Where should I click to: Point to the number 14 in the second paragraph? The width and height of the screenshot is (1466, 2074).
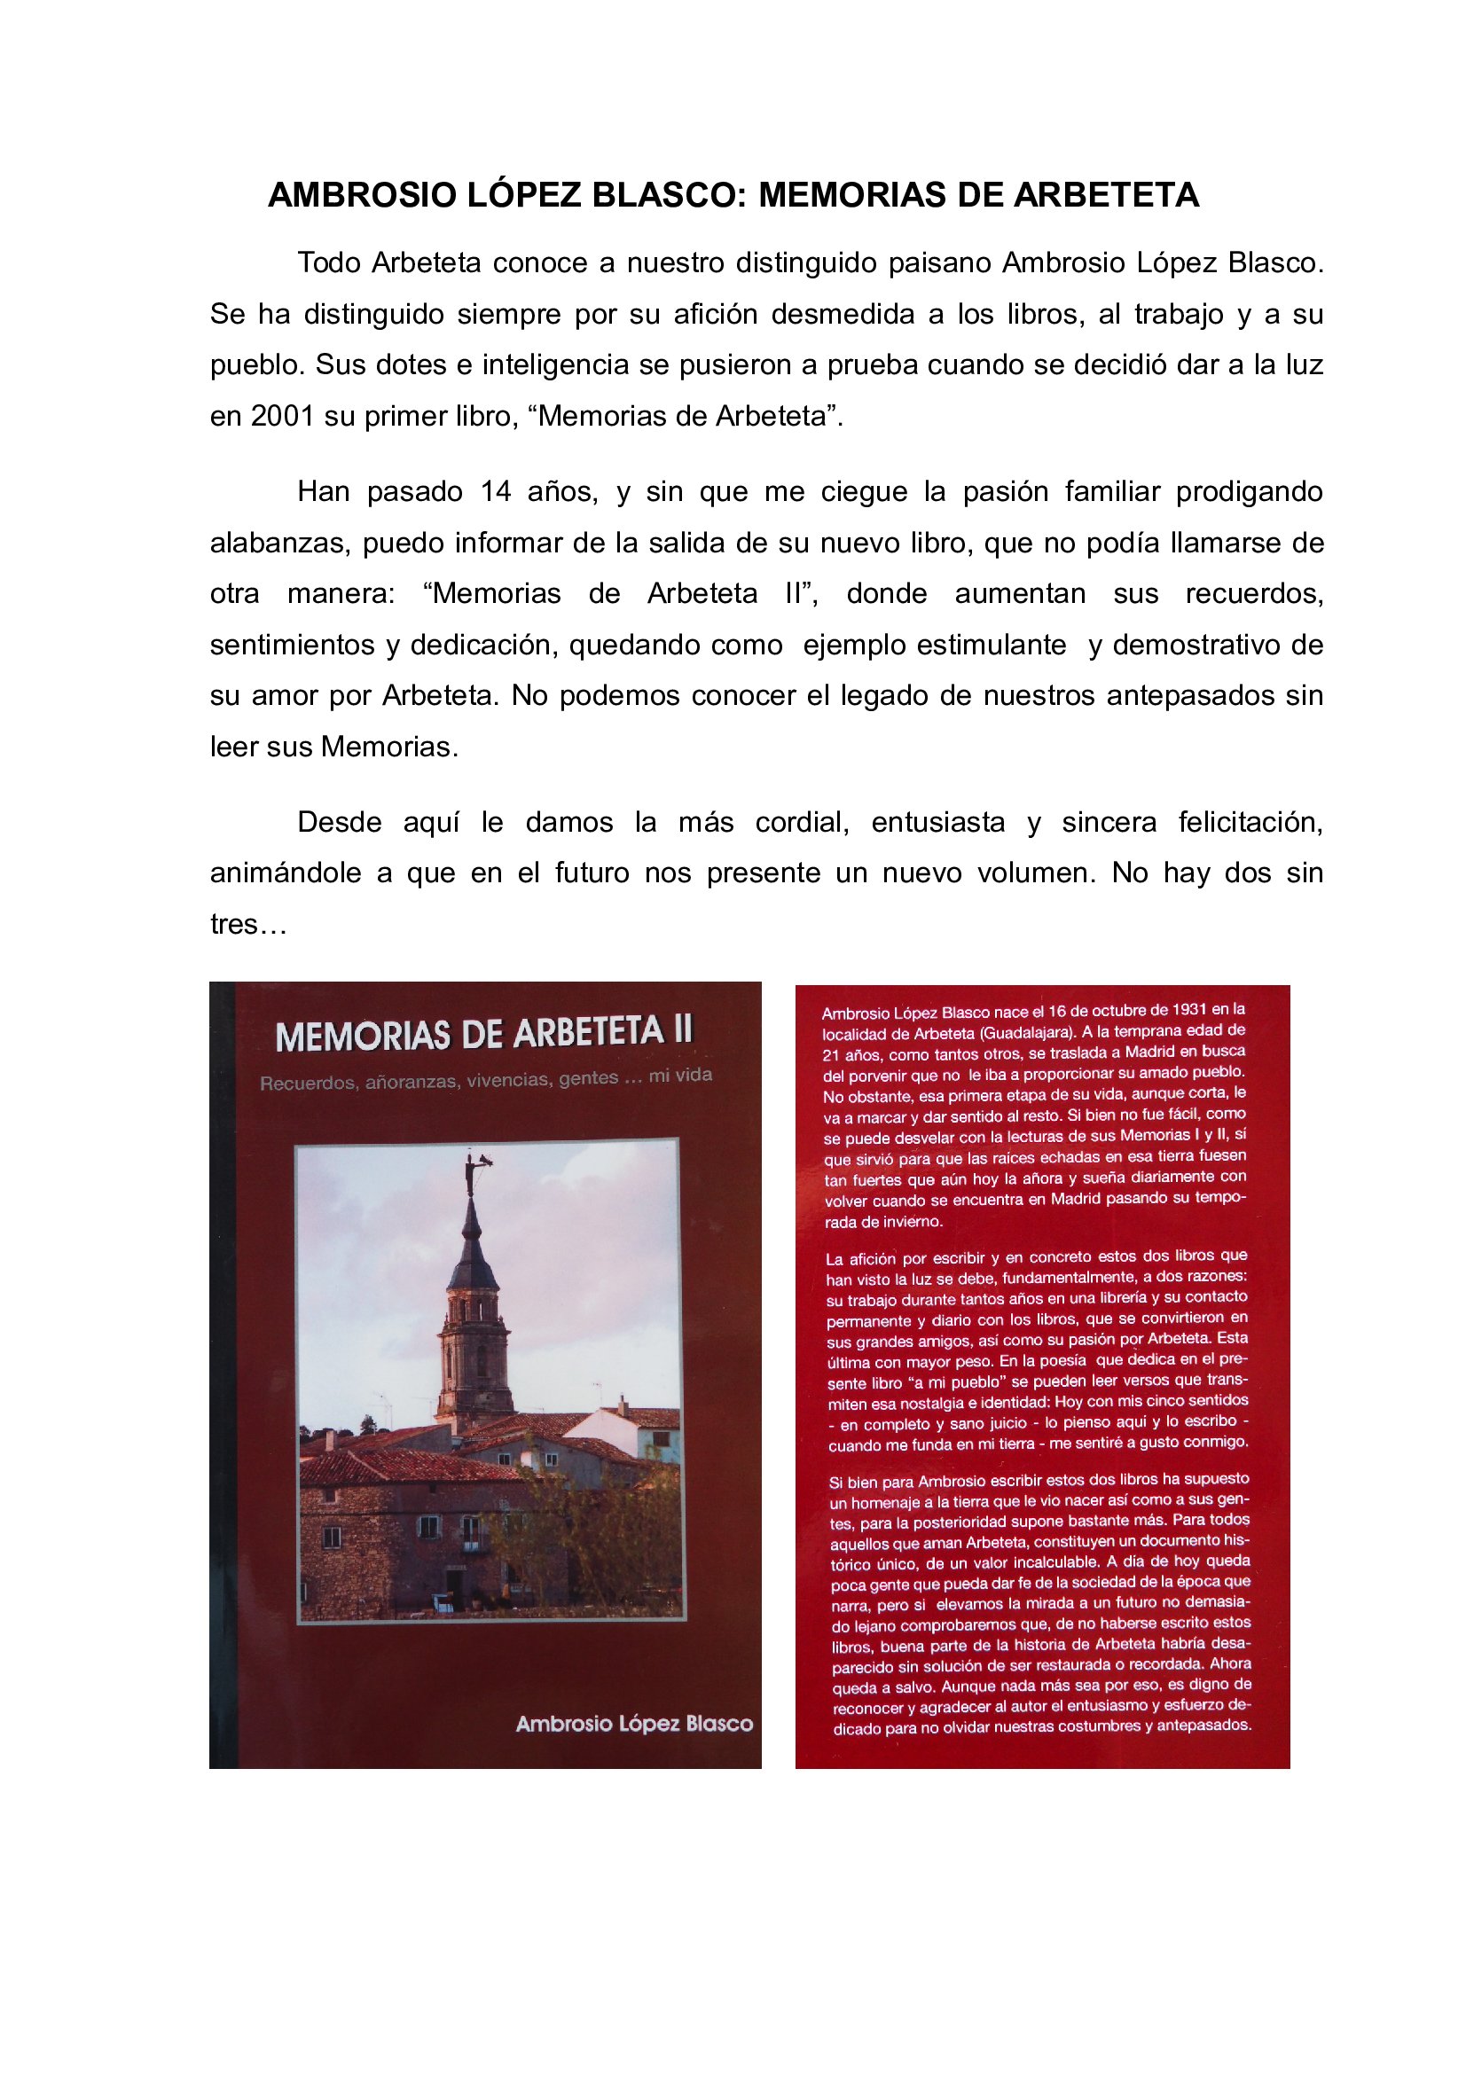click(496, 491)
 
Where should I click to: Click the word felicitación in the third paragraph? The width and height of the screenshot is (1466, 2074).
click(1250, 822)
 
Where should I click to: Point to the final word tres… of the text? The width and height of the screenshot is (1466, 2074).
click(248, 924)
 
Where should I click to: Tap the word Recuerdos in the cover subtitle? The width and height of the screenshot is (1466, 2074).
click(306, 1083)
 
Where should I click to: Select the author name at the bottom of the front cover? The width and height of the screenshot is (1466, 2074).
click(634, 1724)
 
